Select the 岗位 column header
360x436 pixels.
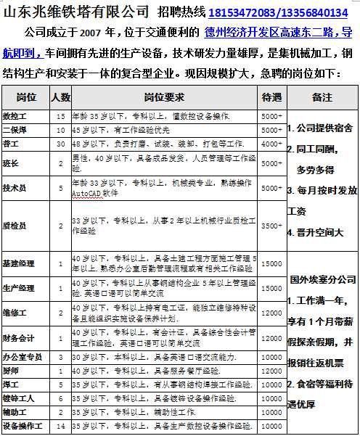[x=26, y=96]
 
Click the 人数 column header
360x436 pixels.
[x=61, y=96]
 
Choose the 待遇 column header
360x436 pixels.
[x=271, y=96]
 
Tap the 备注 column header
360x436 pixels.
[x=322, y=96]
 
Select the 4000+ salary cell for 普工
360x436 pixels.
[x=271, y=144]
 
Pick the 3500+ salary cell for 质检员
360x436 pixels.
[x=271, y=226]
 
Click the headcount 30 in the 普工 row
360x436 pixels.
[x=61, y=144]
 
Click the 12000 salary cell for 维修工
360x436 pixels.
[x=271, y=313]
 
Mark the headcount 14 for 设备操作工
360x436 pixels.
[x=61, y=426]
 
